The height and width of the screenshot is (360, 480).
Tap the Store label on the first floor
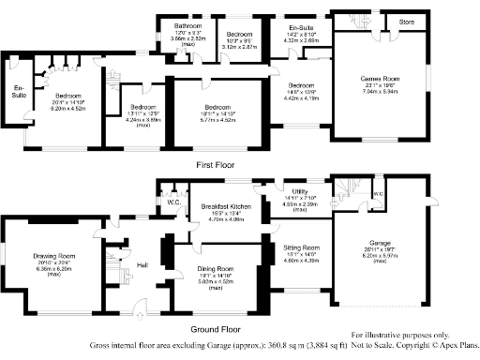pos(406,21)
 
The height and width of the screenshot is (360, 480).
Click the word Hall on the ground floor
pos(142,265)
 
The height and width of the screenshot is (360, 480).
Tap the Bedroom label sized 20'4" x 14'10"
pos(67,97)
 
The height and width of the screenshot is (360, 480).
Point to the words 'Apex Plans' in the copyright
pos(453,345)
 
